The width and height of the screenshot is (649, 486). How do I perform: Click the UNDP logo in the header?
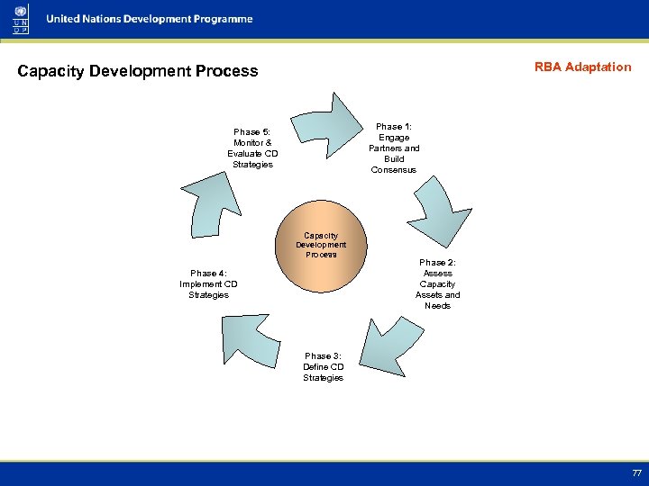click(x=20, y=19)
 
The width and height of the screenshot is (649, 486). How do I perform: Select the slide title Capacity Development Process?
click(x=138, y=71)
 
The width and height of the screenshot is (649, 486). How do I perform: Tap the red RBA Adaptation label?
click(x=582, y=67)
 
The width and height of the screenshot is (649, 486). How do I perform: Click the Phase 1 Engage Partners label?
click(x=393, y=148)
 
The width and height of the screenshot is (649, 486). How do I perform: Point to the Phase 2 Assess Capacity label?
click(x=437, y=283)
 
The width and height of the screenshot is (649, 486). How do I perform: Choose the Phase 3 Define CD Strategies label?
click(x=323, y=367)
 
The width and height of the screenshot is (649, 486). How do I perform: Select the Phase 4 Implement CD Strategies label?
click(x=208, y=283)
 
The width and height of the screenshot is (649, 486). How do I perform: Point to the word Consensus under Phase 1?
click(x=393, y=170)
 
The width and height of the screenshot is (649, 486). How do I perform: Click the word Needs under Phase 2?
click(x=437, y=306)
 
